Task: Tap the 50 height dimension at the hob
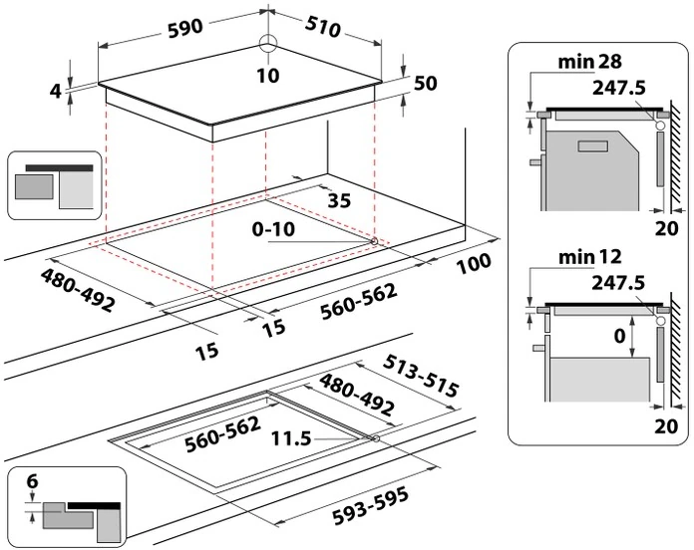[426, 84]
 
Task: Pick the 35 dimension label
[339, 200]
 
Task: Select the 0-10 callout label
[273, 230]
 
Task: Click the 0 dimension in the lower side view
[618, 336]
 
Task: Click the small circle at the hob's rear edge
[268, 45]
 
